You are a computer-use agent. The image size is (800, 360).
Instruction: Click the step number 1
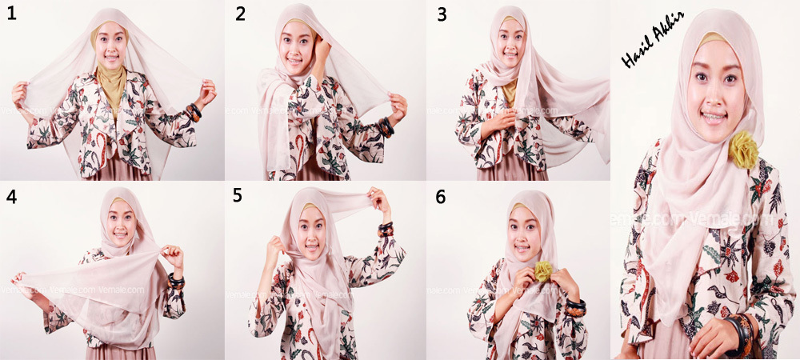tap(11, 14)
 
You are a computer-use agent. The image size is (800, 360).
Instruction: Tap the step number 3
tap(440, 14)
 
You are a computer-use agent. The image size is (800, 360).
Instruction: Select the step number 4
tap(11, 197)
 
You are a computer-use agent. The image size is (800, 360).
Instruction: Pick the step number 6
tap(440, 197)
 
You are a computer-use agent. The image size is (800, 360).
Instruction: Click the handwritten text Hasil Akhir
tap(650, 50)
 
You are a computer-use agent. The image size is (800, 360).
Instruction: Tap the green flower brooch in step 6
tap(543, 271)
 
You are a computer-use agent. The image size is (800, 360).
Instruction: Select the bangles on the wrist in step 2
tap(386, 126)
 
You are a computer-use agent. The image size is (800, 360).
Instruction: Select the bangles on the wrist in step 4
tap(177, 281)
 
